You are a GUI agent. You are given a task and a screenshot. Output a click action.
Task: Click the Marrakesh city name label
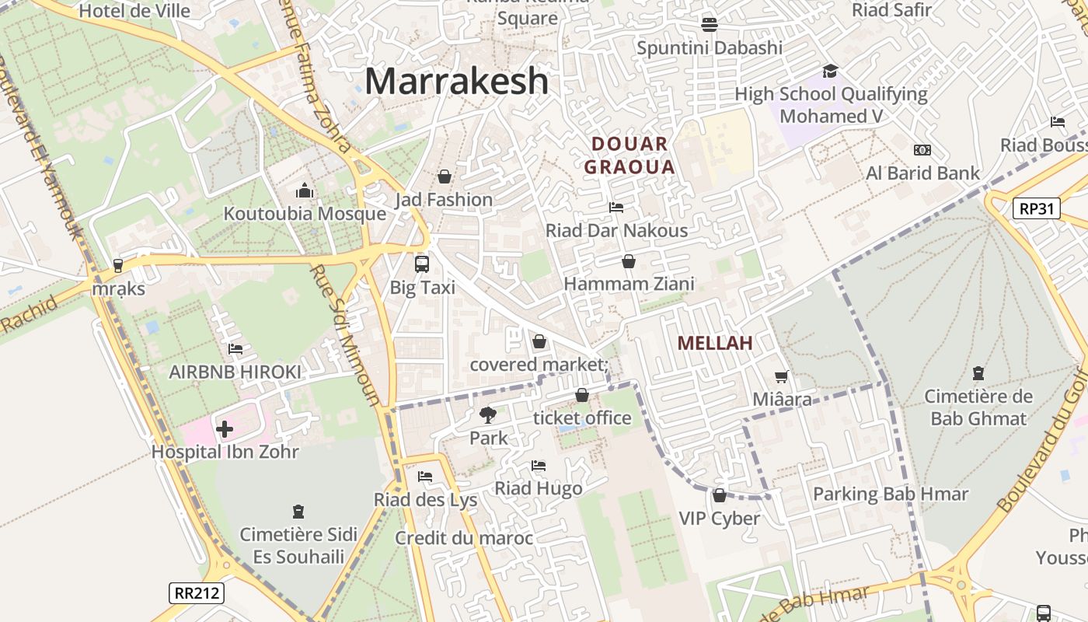point(456,81)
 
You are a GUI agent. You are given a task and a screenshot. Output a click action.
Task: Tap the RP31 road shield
point(1037,208)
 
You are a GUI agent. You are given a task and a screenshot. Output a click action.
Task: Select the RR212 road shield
point(197,593)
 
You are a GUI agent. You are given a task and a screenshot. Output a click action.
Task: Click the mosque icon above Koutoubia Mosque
point(304,190)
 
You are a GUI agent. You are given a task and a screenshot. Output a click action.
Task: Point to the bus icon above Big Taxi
point(421,264)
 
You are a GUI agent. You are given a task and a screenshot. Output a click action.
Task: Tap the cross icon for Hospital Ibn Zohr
point(224,428)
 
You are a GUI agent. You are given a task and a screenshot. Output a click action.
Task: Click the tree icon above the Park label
point(488,415)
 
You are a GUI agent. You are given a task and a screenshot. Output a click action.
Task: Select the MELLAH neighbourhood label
point(715,343)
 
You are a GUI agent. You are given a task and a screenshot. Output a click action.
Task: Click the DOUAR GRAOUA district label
point(629,155)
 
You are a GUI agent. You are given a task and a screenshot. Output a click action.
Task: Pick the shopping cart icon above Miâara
point(781,376)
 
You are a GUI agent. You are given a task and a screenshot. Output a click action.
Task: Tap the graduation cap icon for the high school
point(830,72)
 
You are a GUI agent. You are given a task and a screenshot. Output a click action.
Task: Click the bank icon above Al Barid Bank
point(922,150)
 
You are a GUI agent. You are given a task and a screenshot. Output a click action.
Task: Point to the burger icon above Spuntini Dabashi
point(709,24)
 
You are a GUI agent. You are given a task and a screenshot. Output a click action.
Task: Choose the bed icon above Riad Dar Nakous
point(616,208)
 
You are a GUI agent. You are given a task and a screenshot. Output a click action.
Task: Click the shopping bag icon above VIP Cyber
point(719,495)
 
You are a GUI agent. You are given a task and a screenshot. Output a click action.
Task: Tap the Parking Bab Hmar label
point(891,494)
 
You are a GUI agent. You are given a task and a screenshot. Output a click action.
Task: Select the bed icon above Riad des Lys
point(424,477)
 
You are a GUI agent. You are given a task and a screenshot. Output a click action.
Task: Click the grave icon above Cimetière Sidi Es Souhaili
point(298,512)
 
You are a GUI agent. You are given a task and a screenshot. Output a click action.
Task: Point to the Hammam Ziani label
point(629,284)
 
